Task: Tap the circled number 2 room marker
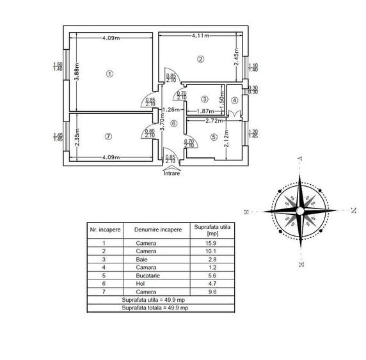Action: (x=200, y=59)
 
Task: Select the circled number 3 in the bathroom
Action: (x=204, y=99)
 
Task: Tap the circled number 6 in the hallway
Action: (x=173, y=123)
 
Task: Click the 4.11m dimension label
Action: (x=199, y=37)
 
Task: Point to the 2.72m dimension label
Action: (x=215, y=120)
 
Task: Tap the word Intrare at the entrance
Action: (x=171, y=172)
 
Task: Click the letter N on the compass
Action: (x=353, y=210)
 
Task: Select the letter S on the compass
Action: (x=246, y=211)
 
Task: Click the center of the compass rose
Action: (x=299, y=210)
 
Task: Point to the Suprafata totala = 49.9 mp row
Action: (x=155, y=308)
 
